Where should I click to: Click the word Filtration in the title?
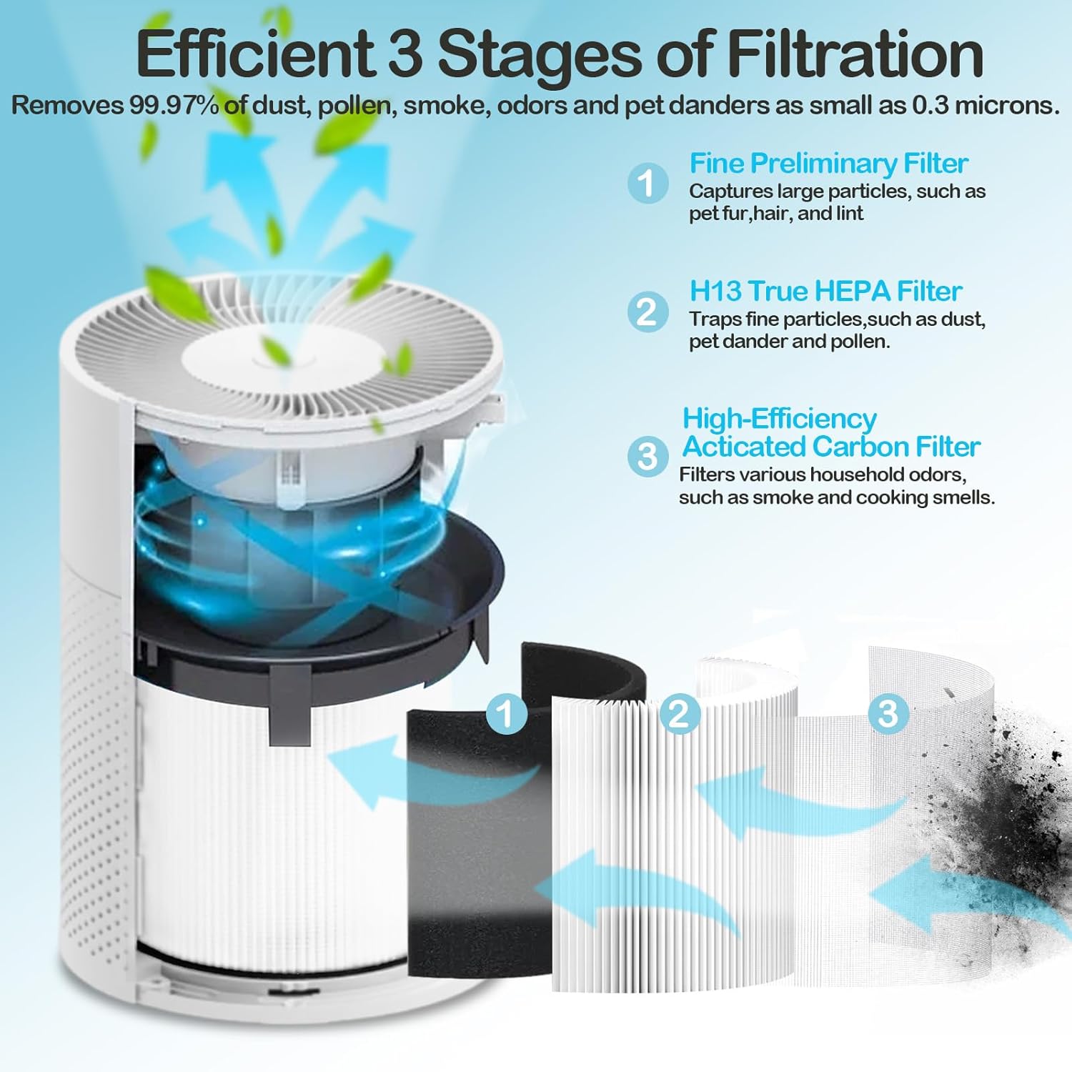[x=855, y=54]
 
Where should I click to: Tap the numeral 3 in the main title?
[x=405, y=54]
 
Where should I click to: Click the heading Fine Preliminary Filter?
[x=828, y=164]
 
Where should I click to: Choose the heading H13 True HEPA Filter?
[x=825, y=292]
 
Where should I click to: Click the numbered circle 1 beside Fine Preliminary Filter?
[x=647, y=183]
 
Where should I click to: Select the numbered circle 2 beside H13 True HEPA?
[x=647, y=312]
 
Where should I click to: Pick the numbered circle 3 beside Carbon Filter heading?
[x=647, y=456]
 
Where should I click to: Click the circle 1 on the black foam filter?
[x=506, y=713]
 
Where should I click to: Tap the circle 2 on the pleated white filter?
[x=679, y=713]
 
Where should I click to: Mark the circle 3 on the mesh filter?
[x=888, y=713]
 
